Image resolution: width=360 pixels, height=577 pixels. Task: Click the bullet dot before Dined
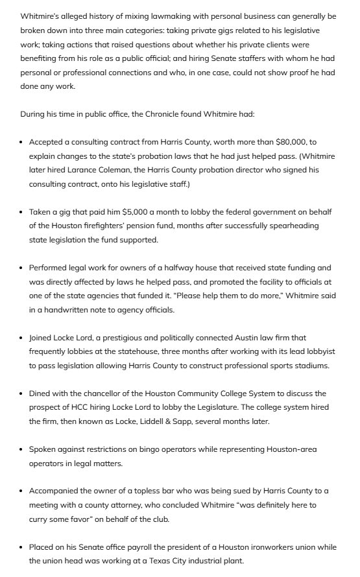click(22, 394)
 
